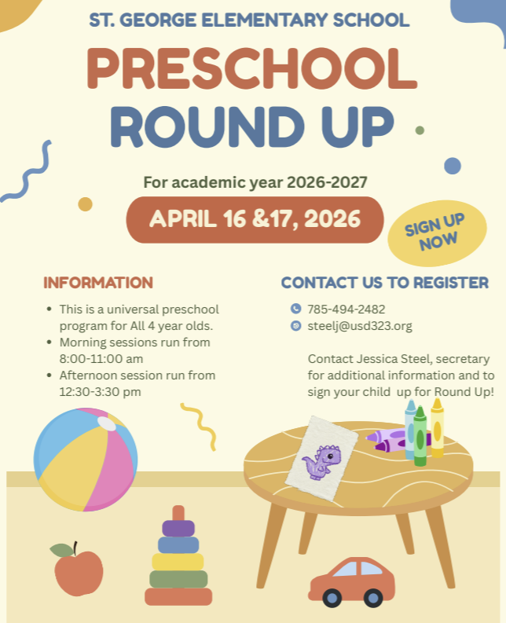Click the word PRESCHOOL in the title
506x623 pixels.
(x=251, y=69)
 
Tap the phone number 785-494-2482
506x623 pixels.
(x=346, y=309)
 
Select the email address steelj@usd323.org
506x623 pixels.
(x=360, y=326)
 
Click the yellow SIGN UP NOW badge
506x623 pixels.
(x=433, y=233)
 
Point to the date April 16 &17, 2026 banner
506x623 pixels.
(x=255, y=219)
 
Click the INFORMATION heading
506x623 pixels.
(x=98, y=283)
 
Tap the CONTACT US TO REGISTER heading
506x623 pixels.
(x=385, y=283)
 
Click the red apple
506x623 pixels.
(x=78, y=572)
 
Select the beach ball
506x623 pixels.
(x=86, y=459)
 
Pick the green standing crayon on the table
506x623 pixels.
(x=420, y=437)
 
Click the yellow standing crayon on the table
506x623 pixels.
(x=437, y=428)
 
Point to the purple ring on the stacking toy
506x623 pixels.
(x=178, y=528)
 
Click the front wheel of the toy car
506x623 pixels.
(x=332, y=598)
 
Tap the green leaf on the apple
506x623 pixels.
(x=61, y=550)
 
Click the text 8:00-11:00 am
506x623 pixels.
(x=101, y=358)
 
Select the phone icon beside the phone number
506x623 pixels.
(x=296, y=309)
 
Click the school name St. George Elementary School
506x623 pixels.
(x=249, y=20)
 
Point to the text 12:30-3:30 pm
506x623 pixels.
(x=100, y=391)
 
